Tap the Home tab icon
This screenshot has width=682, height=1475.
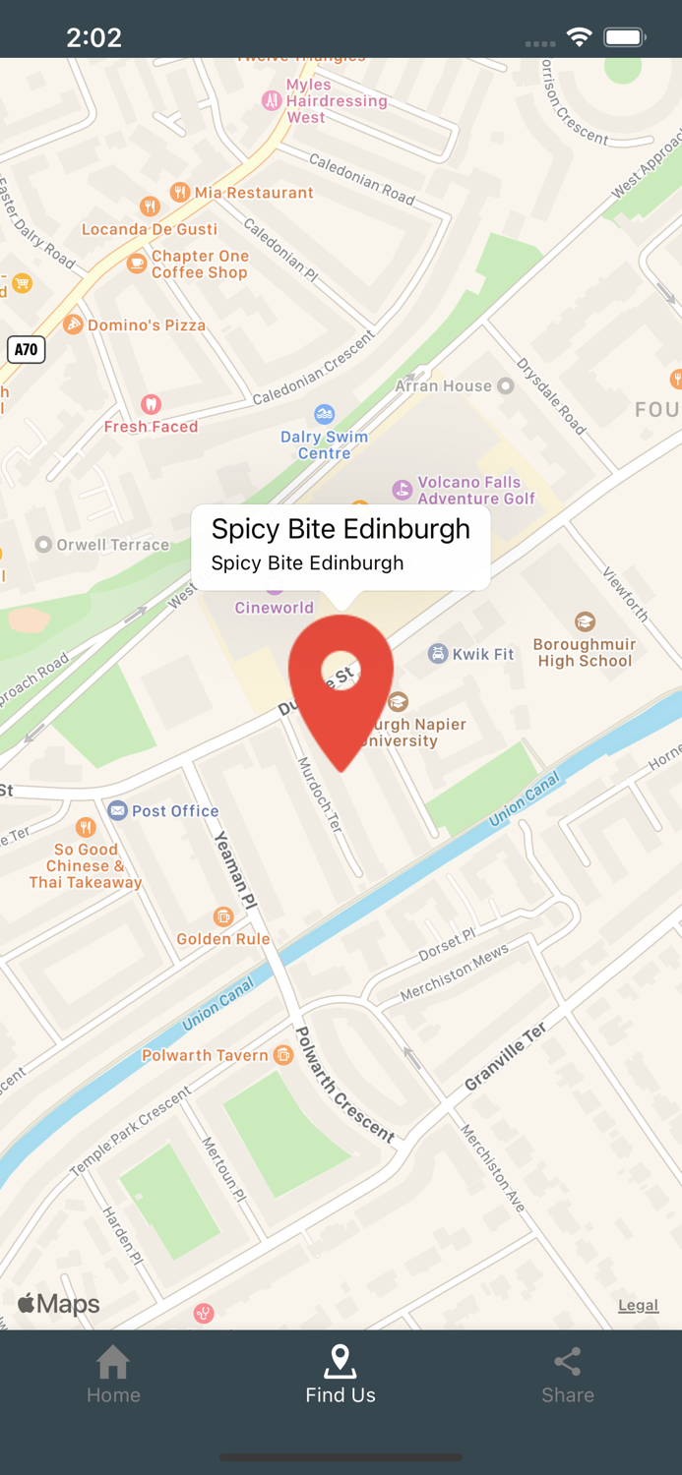(113, 1362)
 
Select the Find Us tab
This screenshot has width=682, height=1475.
(341, 1375)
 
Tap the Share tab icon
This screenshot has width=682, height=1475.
(568, 1362)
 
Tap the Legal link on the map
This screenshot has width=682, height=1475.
(638, 1306)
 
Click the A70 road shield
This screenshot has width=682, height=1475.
(27, 349)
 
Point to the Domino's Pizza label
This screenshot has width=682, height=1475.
(146, 325)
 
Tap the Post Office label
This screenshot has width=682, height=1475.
(174, 811)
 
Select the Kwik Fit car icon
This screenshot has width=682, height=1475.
(438, 654)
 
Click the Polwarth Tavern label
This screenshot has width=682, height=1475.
(205, 1055)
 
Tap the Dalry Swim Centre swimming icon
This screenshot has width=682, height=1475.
(324, 414)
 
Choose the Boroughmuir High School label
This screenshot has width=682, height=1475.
(585, 653)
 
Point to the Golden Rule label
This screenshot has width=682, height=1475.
(223, 939)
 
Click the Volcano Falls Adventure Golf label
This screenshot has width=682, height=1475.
(475, 490)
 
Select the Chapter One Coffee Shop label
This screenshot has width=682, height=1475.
(200, 265)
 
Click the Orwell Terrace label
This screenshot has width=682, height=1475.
(112, 545)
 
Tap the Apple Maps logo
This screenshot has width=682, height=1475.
(59, 1304)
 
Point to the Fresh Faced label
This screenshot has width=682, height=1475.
(152, 427)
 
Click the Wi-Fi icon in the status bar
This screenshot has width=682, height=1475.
(579, 37)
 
